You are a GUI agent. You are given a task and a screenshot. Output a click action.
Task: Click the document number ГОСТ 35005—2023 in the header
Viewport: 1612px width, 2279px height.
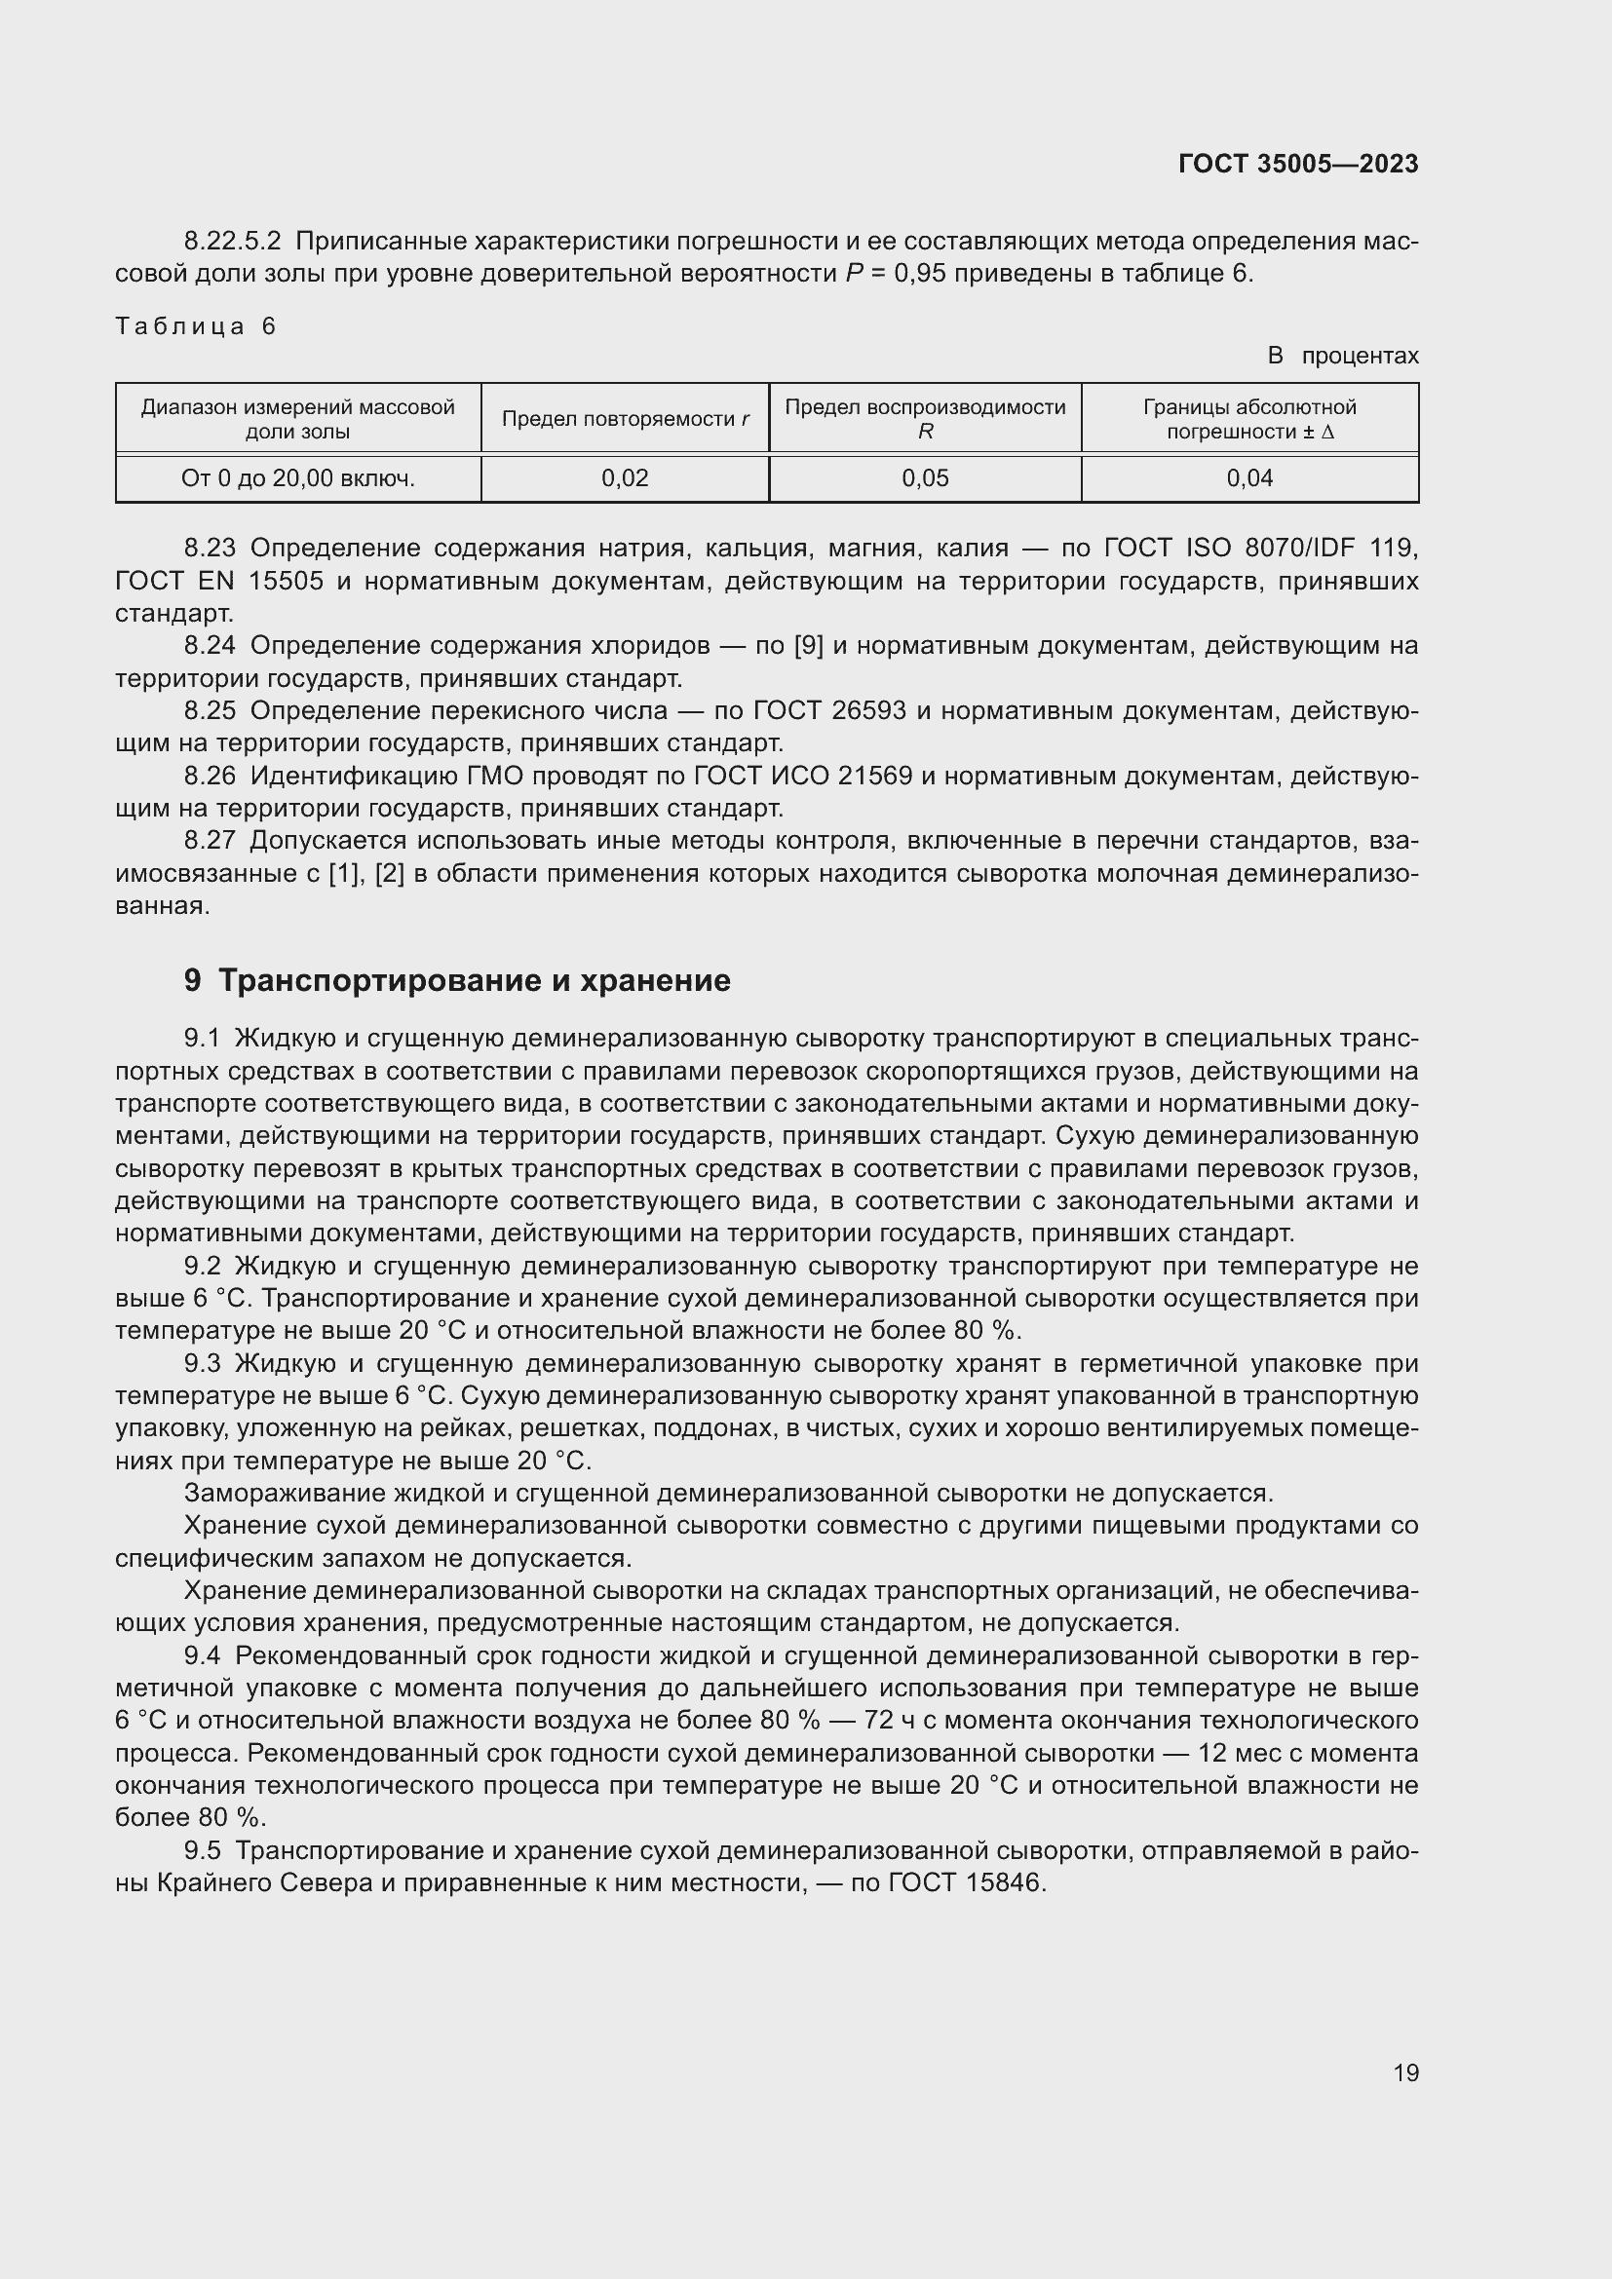pos(1297,164)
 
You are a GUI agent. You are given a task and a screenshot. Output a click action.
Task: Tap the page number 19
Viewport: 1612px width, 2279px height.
pos(1405,2072)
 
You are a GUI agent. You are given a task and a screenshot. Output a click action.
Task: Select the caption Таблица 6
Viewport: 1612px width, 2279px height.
pos(196,326)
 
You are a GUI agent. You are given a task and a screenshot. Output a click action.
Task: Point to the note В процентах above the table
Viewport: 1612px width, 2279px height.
pos(1342,356)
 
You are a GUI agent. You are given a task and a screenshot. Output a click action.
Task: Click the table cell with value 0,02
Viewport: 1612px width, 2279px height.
pos(625,478)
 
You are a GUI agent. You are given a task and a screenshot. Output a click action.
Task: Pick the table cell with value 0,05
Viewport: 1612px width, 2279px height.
pos(925,478)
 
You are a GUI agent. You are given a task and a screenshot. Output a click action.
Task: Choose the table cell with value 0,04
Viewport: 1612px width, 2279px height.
pos(1248,478)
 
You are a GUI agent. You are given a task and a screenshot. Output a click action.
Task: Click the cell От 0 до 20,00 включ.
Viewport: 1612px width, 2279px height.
pos(298,478)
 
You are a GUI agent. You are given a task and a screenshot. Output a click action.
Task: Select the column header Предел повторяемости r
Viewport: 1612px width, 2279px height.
pos(625,419)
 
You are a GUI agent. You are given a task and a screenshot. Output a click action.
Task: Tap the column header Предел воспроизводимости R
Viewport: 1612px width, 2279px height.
pos(925,419)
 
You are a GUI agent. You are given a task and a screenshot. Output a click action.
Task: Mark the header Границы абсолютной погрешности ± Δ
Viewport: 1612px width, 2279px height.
pos(1248,419)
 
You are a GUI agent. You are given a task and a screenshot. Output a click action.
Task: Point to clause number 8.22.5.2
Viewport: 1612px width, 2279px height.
pos(232,242)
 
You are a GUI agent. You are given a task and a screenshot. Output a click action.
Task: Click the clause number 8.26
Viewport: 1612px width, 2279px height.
pos(210,777)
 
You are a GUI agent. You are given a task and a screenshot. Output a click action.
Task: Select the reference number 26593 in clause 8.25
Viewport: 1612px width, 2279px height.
pos(868,710)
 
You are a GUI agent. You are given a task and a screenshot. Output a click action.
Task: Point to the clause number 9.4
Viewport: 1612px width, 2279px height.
pos(203,1655)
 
